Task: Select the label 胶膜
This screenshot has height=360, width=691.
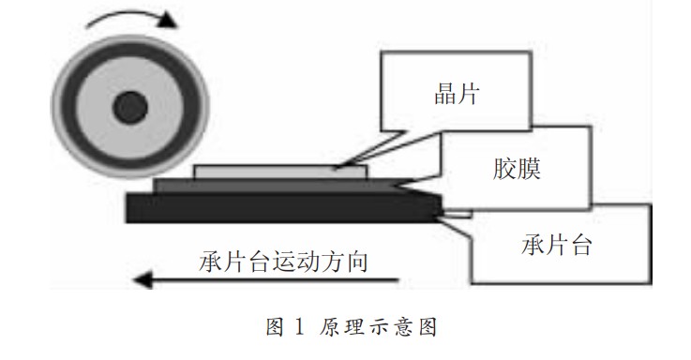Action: coord(518,169)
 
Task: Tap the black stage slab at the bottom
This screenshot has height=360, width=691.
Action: coord(281,207)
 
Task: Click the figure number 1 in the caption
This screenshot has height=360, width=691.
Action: coord(299,328)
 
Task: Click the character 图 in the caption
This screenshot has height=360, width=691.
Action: coord(276,328)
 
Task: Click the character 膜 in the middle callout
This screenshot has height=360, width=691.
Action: coord(531,169)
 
